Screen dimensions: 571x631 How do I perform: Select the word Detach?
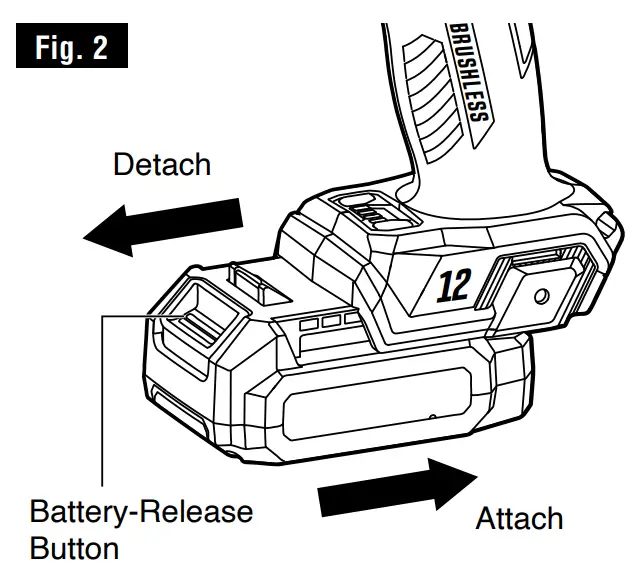[x=162, y=164]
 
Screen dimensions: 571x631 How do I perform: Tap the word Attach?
[x=519, y=519]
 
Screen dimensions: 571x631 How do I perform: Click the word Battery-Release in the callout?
[x=141, y=513]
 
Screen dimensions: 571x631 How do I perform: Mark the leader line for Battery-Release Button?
[x=103, y=400]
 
